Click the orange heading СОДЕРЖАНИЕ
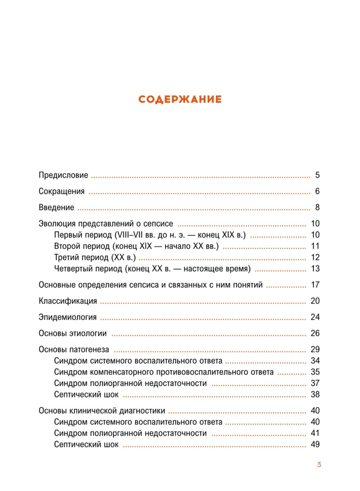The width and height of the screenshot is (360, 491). click(x=180, y=99)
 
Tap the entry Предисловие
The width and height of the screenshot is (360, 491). click(x=63, y=176)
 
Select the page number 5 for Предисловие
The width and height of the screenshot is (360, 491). click(x=317, y=176)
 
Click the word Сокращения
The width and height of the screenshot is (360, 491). click(x=62, y=191)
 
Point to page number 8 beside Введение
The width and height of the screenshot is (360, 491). click(x=317, y=207)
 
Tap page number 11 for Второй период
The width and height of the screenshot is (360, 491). click(x=315, y=246)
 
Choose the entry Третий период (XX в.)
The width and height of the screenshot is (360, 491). click(x=95, y=258)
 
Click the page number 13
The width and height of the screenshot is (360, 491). click(x=315, y=269)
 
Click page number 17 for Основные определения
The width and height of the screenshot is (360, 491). click(x=315, y=285)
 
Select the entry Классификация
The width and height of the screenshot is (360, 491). click(x=68, y=301)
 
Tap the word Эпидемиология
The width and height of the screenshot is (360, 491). click(x=68, y=317)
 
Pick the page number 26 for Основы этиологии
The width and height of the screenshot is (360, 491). click(x=315, y=333)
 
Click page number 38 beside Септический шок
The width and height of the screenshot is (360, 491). click(x=315, y=395)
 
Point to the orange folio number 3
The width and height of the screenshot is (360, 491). click(x=319, y=464)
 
